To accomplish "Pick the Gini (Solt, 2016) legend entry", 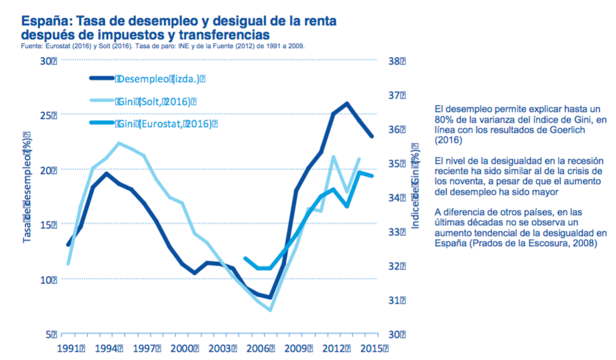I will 156,101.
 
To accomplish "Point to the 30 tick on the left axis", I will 48,61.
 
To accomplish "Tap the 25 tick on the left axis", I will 48,115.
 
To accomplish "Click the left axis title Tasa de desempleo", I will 27,187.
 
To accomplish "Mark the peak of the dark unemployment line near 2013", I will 347,103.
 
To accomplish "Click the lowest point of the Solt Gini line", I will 270,310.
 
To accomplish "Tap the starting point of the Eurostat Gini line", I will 245,258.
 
